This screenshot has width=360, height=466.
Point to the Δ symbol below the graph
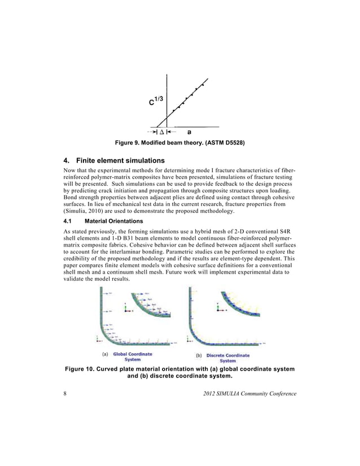click(161, 133)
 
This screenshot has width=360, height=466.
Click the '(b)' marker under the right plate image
click(199, 355)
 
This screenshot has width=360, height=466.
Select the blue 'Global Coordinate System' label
click(133, 357)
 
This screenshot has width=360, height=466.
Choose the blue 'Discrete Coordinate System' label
click(227, 358)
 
